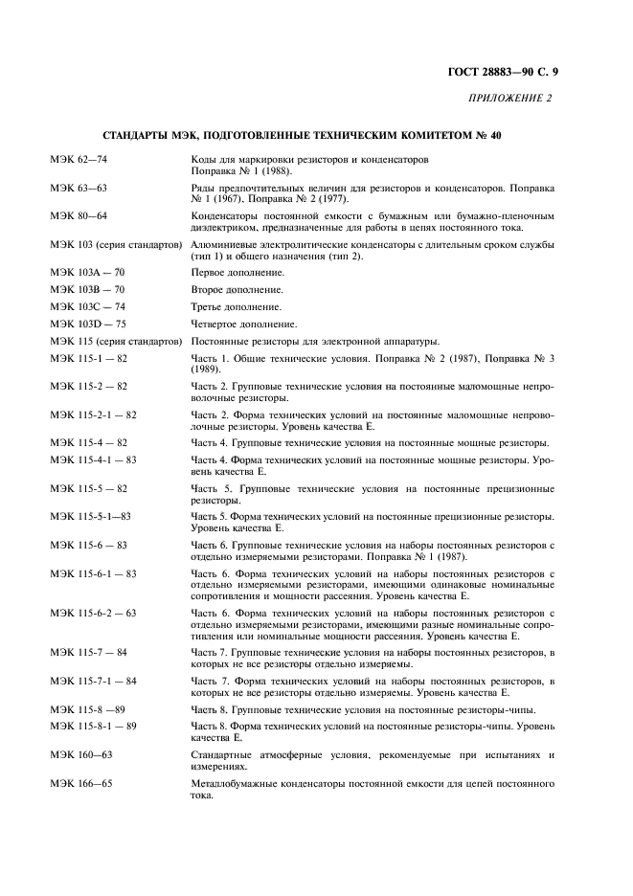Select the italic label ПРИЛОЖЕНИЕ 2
pyautogui.click(x=511, y=99)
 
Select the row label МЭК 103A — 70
pyautogui.click(x=87, y=273)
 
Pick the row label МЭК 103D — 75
pyautogui.click(x=87, y=325)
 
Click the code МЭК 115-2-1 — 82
pyautogui.click(x=93, y=414)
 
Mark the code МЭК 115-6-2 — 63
pyautogui.click(x=93, y=613)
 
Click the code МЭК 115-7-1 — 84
pyautogui.click(x=93, y=681)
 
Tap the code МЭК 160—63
pyautogui.click(x=81, y=755)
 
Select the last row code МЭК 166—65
pyautogui.click(x=81, y=784)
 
